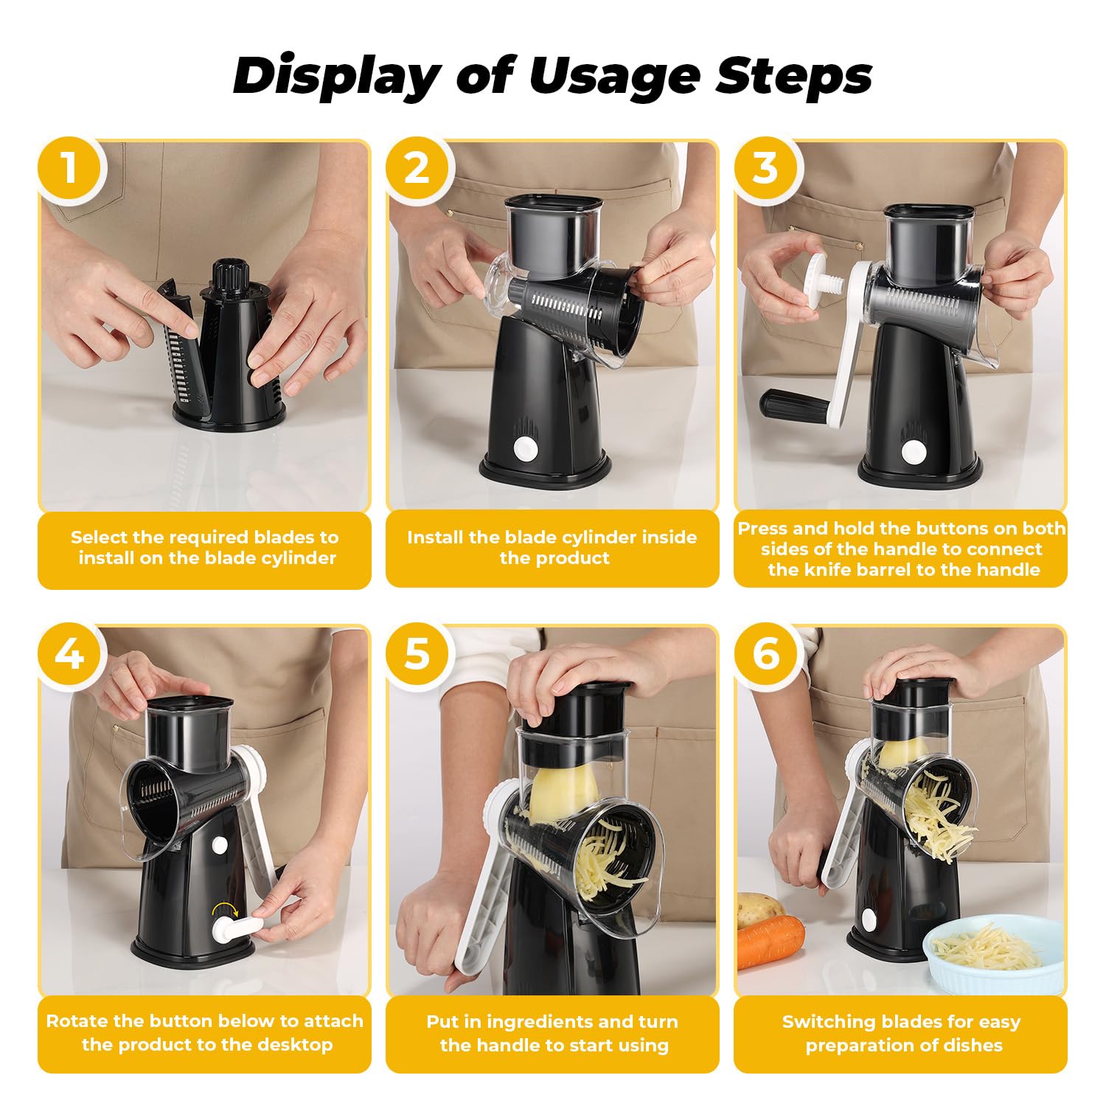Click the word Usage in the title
tap(614, 76)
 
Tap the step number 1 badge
tap(69, 168)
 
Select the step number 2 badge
tap(417, 168)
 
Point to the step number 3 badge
tap(765, 168)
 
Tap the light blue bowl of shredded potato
tap(987, 955)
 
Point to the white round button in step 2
tap(526, 449)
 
